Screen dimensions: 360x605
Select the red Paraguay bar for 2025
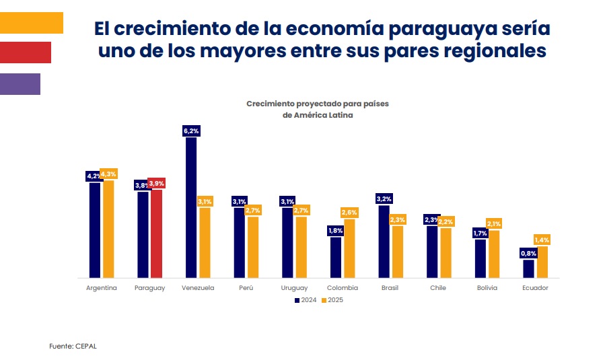click(156, 233)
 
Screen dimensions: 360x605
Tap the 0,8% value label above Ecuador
click(528, 254)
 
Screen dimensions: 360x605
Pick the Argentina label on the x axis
click(102, 288)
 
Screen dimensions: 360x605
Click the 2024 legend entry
click(306, 300)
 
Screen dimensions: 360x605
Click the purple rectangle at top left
click(20, 84)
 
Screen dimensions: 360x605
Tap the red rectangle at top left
click(25, 52)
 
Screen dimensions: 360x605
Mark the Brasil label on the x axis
click(390, 288)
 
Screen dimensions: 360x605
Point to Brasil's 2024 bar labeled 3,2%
click(384, 241)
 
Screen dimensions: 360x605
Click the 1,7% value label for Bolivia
click(480, 233)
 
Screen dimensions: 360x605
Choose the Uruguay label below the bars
click(294, 288)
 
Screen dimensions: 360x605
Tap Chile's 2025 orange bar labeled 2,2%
click(445, 252)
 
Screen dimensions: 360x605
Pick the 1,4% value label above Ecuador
click(542, 240)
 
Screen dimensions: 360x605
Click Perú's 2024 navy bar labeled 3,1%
click(239, 242)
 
